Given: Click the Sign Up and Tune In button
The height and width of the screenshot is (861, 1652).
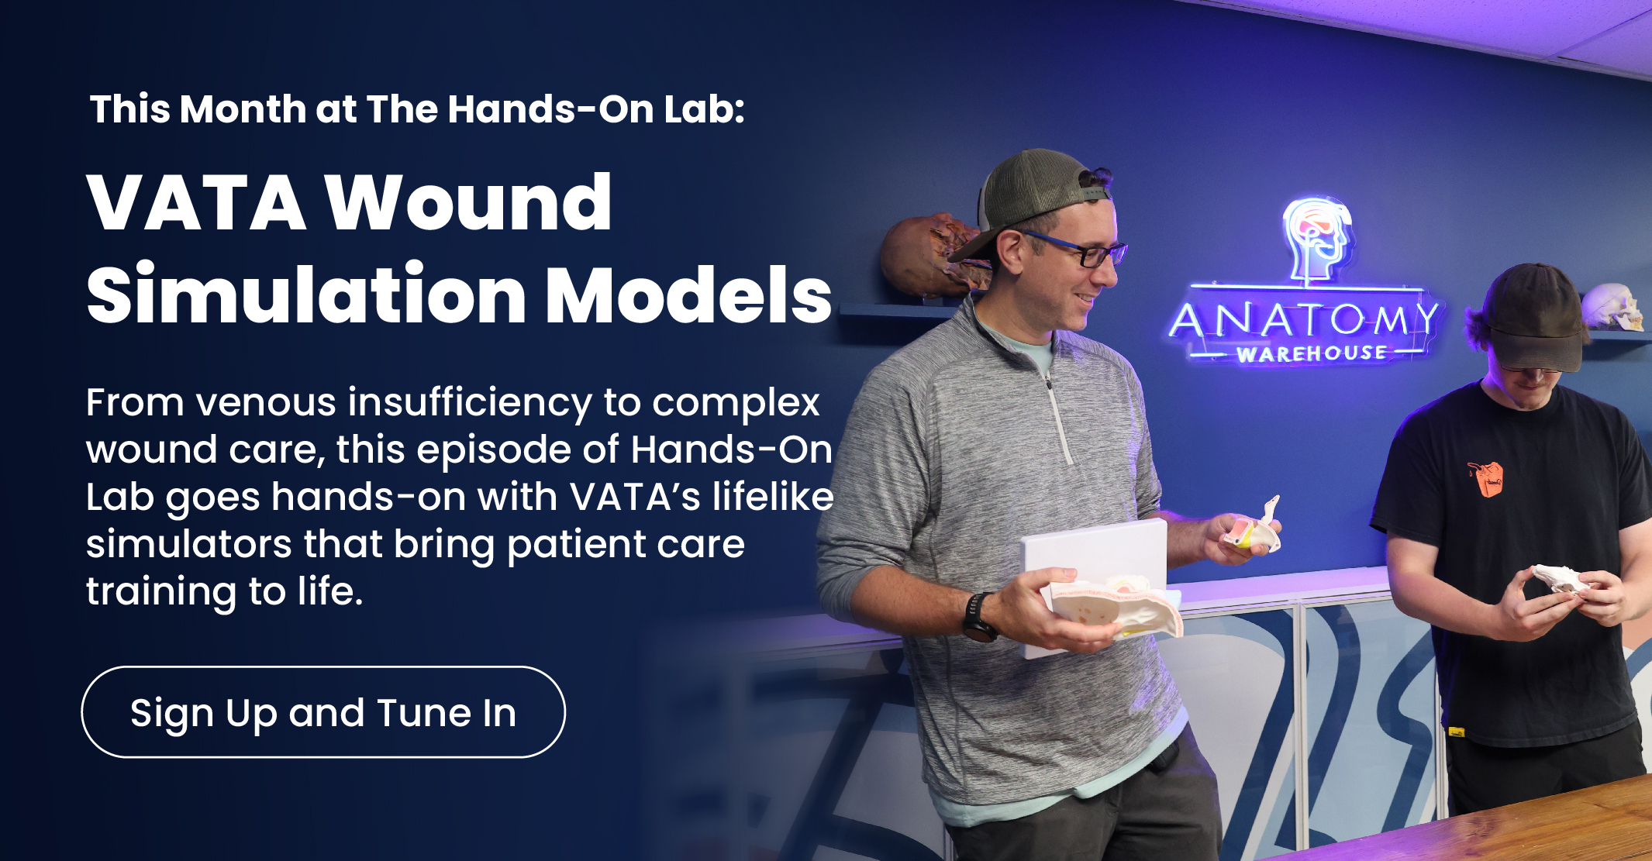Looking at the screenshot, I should [x=323, y=712].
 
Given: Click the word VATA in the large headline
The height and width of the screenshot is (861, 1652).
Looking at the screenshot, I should [x=197, y=203].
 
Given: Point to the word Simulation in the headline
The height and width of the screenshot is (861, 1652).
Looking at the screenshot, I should [x=307, y=295].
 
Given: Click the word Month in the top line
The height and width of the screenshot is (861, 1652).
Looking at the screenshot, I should [x=243, y=109].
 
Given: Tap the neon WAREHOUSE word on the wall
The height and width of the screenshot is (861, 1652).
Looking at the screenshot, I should [x=1312, y=354].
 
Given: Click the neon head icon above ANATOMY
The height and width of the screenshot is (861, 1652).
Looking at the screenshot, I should [x=1316, y=236].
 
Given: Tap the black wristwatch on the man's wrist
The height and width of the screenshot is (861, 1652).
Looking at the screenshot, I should [x=979, y=618].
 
